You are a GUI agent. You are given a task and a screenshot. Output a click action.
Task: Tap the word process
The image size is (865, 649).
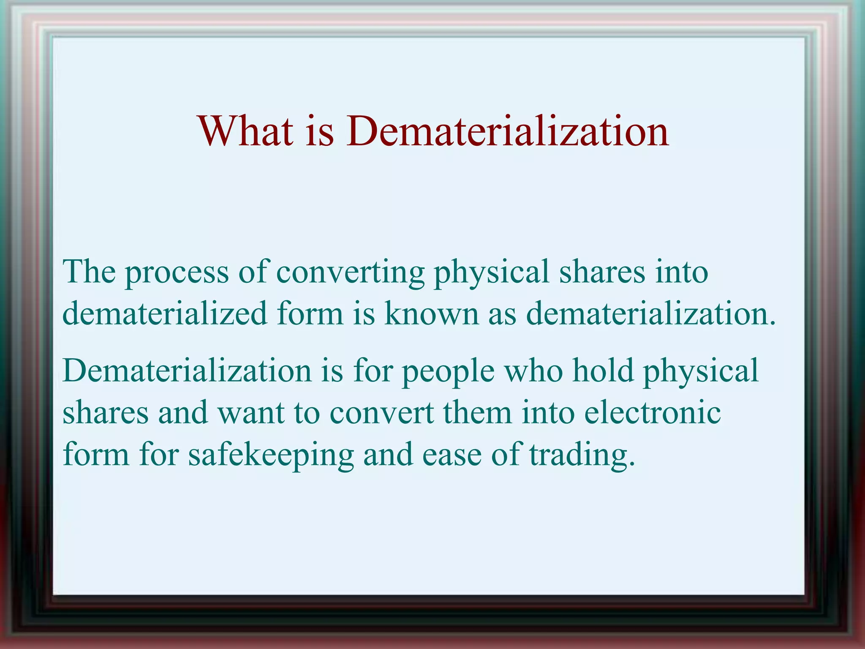(x=177, y=273)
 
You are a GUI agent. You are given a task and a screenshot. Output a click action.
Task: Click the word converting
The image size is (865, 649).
(x=350, y=273)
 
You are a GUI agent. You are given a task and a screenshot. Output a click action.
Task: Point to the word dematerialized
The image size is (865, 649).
(x=165, y=314)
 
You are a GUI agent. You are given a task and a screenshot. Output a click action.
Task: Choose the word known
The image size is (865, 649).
(x=431, y=314)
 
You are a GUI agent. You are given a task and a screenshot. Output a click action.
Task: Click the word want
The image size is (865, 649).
(x=251, y=413)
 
